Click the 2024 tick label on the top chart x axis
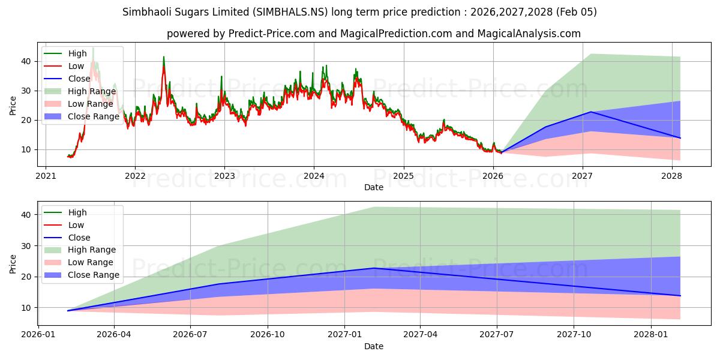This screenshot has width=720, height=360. [314, 176]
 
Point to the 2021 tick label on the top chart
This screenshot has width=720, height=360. [46, 176]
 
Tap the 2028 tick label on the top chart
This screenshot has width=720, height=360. [671, 176]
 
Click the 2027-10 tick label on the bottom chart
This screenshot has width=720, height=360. [574, 335]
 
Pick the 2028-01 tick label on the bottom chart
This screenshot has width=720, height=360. [651, 335]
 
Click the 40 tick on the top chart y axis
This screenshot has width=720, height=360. [26, 61]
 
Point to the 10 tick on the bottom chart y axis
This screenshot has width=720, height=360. [26, 308]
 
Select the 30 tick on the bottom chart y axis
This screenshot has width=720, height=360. [26, 246]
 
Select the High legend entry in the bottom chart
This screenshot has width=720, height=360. [78, 212]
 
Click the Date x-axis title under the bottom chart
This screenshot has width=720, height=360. [373, 347]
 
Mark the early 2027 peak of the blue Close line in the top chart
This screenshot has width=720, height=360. [591, 112]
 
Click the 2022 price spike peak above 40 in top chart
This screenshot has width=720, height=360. [163, 57]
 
